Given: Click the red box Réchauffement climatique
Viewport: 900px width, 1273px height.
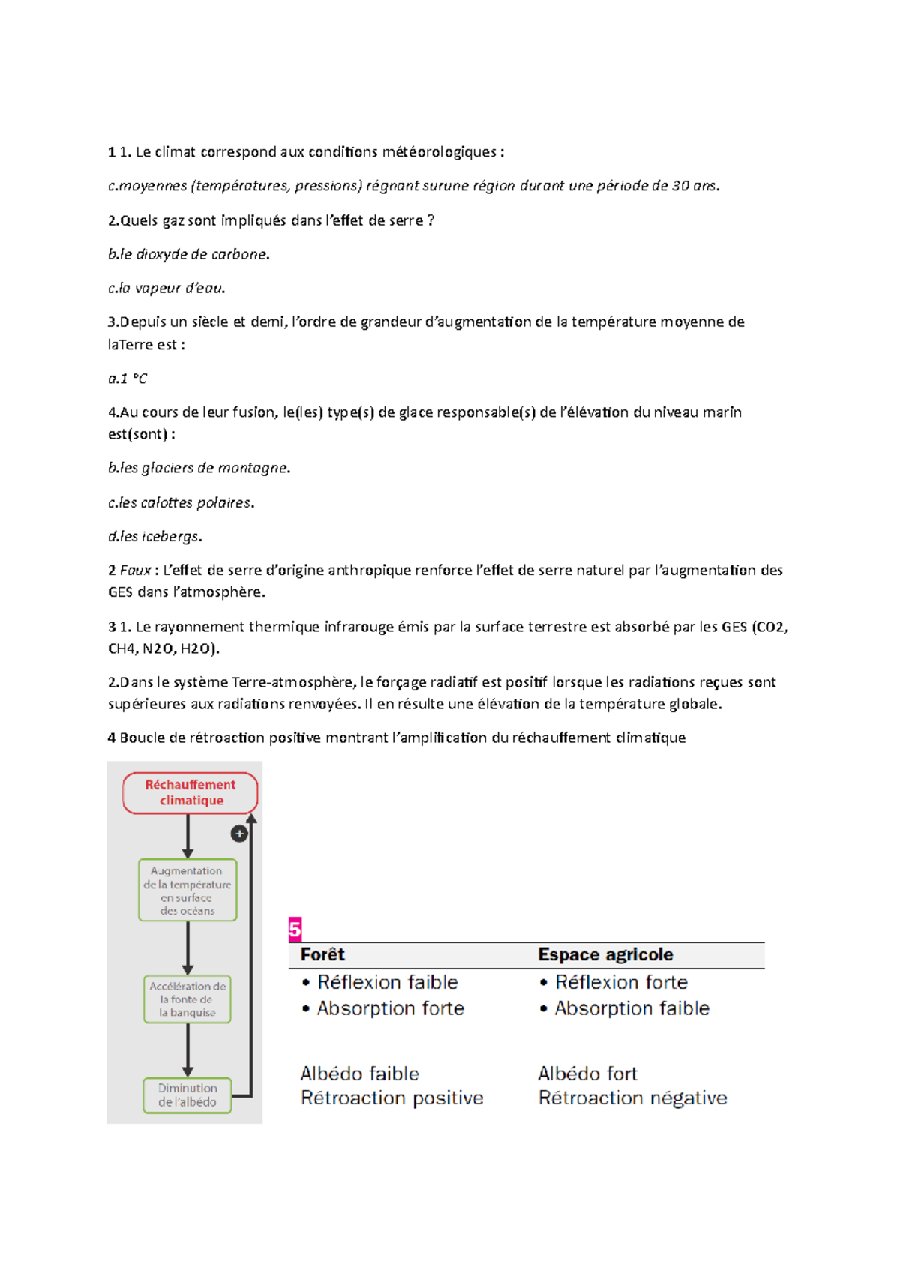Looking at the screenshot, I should pos(190,792).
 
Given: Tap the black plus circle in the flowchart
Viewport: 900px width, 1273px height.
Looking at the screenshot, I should pos(239,834).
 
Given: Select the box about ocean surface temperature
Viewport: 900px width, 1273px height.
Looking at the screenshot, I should pos(187,890).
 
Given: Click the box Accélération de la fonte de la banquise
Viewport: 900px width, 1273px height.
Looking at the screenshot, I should pos(187,999).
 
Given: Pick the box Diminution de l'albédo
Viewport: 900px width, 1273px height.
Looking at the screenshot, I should pos(187,1095).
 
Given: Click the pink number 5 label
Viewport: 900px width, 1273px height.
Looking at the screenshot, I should pos(295,930).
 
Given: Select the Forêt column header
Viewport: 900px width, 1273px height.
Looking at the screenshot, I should pos(322,954).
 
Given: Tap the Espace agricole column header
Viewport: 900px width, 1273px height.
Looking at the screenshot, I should pos(605,954).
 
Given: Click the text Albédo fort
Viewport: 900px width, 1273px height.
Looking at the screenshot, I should pos(587,1074).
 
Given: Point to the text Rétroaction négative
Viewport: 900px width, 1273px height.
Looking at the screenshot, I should pos(632,1098).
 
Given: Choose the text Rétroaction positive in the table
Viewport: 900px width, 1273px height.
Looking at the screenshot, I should pos(391,1098).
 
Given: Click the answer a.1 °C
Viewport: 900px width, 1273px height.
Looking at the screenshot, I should pos(127,379).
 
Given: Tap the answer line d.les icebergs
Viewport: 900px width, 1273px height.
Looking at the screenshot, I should pos(155,536).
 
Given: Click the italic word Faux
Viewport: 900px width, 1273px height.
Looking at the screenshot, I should pos(136,570).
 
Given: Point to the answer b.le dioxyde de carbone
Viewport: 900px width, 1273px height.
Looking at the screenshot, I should pos(188,254).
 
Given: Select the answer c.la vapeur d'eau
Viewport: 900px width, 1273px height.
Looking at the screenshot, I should pos(166,288).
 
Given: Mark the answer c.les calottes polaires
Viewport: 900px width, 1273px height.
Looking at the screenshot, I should pos(181,502).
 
